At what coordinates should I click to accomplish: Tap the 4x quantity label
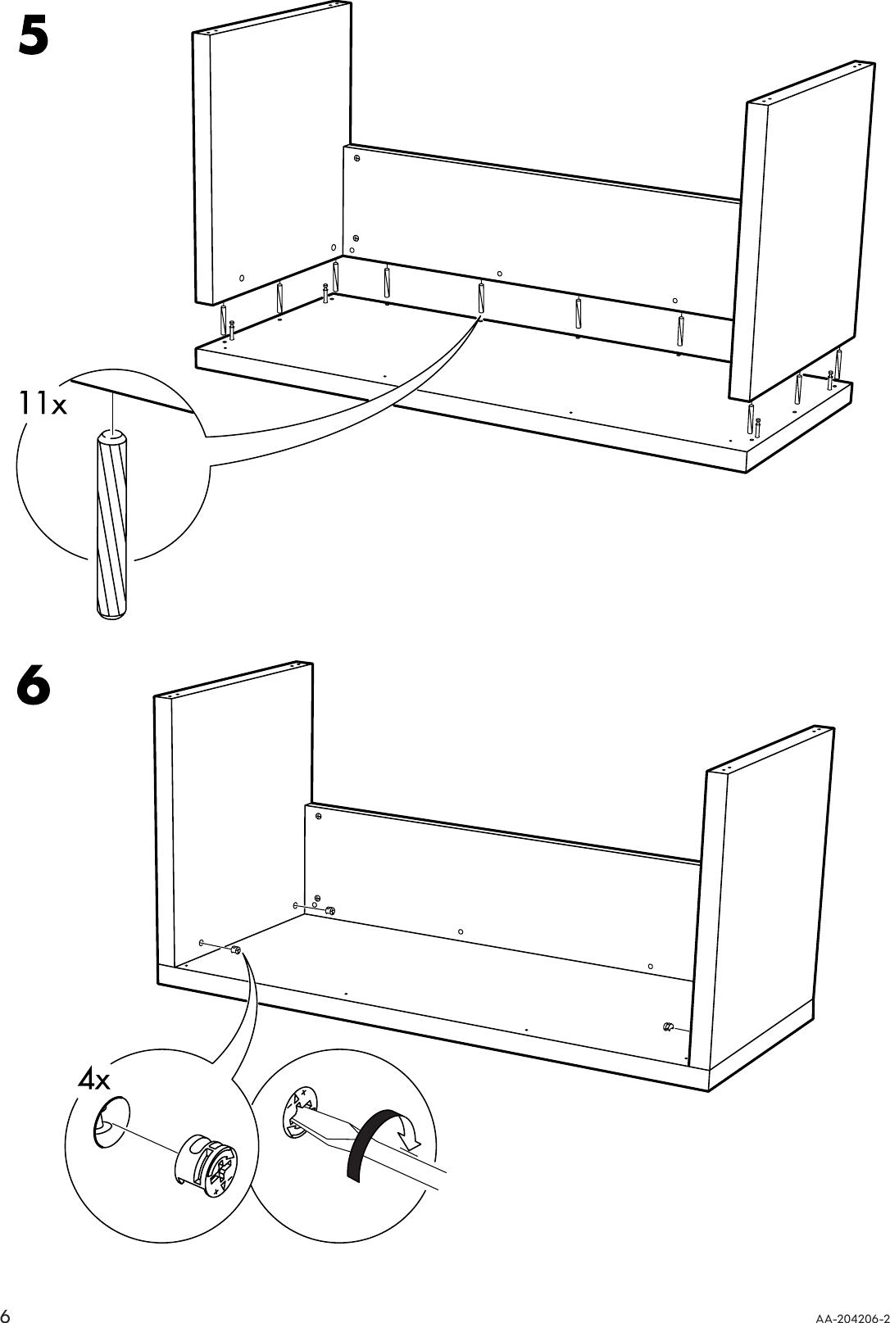pos(93,1081)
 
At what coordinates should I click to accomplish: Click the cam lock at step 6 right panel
pos(668,1028)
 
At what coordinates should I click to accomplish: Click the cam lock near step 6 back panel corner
pos(329,911)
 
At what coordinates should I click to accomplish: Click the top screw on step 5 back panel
pos(357,159)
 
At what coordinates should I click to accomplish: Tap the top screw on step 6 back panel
pos(318,817)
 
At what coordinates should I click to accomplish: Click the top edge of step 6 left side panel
pos(234,679)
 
